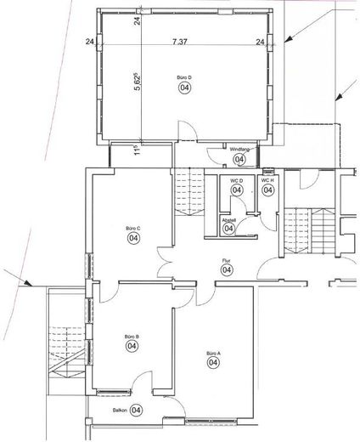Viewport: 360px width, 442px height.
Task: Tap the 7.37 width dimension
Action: click(x=179, y=40)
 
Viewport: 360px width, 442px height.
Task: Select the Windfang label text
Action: click(x=239, y=149)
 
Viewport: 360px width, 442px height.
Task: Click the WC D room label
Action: click(x=237, y=180)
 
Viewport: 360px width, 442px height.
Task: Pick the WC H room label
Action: click(x=267, y=180)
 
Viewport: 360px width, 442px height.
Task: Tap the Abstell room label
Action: click(x=228, y=219)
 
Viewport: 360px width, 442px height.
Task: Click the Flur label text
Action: click(x=227, y=261)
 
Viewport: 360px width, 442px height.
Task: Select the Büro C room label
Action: click(x=132, y=229)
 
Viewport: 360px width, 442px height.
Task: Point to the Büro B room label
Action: click(x=132, y=337)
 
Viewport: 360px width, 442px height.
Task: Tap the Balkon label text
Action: click(x=120, y=410)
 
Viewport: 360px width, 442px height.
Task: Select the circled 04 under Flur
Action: click(x=227, y=270)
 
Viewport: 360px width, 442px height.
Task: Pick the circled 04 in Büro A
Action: click(x=212, y=363)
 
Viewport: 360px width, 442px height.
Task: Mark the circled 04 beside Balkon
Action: click(x=137, y=410)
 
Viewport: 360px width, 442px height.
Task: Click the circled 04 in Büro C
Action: click(x=133, y=239)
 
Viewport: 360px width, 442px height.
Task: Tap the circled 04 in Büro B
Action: click(x=132, y=346)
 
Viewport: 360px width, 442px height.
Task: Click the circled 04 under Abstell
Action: click(x=228, y=229)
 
